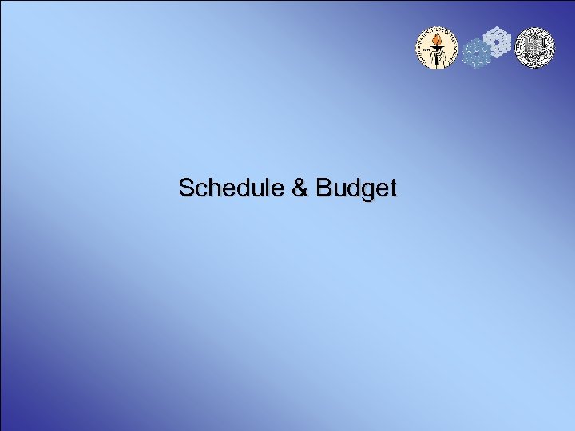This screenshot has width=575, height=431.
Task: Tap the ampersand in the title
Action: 299,188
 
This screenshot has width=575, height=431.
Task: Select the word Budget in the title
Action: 356,189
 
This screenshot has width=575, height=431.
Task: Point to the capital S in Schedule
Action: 186,188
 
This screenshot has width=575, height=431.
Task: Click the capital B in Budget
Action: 323,188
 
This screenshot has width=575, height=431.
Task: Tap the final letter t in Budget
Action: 391,189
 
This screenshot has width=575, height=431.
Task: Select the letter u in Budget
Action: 338,191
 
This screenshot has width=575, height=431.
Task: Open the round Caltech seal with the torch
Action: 437,49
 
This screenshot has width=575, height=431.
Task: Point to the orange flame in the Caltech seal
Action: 437,39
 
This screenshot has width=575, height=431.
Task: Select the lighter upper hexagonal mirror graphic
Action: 498,39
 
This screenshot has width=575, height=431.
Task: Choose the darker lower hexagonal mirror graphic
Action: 478,54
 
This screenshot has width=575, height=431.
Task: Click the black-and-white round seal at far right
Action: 533,47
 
